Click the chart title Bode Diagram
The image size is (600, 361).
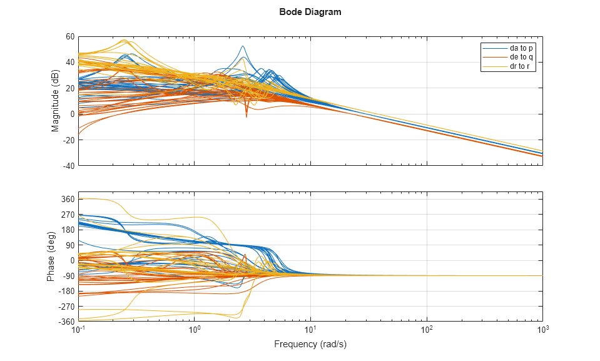coord(310,12)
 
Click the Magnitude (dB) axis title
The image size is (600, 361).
coord(55,101)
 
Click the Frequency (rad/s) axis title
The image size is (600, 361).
coord(310,345)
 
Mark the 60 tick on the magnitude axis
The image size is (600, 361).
coord(69,36)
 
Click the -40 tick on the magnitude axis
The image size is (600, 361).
coord(68,166)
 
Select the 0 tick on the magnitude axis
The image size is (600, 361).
coord(72,114)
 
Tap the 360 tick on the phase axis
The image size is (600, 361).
coord(68,200)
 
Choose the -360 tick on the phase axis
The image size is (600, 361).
coord(66,322)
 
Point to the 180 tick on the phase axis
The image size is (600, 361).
coord(68,230)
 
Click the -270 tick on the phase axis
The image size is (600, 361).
coord(66,307)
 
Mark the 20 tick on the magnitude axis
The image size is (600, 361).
coord(69,88)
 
